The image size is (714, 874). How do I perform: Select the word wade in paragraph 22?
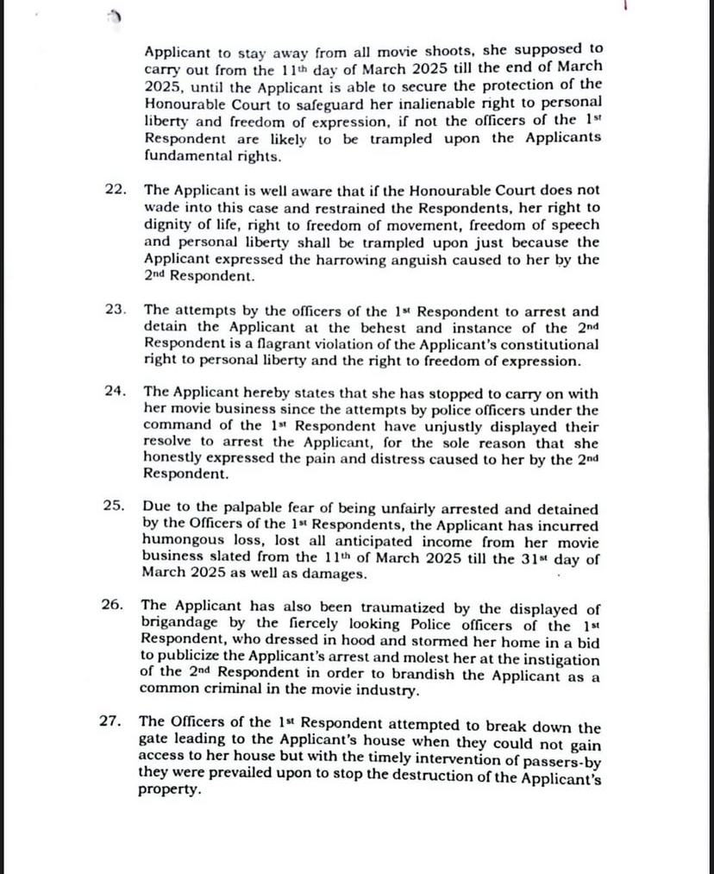162,208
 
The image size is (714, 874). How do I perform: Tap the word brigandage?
179,626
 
